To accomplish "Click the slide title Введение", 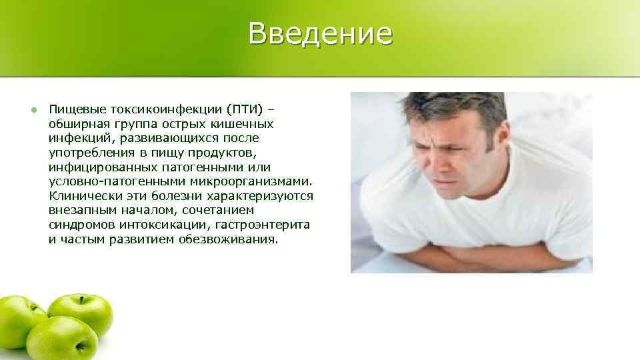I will tap(320, 33).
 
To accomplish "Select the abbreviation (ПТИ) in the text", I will tap(246, 109).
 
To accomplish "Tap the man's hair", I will tap(460, 107).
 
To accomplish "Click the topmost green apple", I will tap(80, 313).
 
